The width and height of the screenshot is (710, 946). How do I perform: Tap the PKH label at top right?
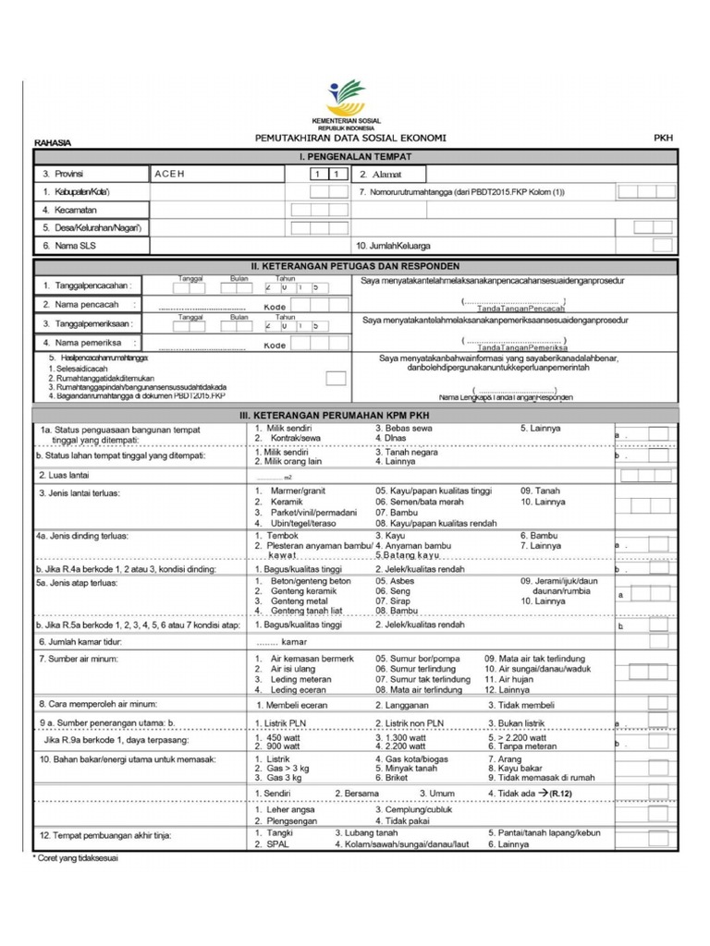pos(663,138)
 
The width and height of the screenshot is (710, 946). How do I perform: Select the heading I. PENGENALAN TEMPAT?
pos(355,157)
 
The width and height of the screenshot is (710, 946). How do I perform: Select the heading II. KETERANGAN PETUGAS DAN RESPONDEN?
pos(355,266)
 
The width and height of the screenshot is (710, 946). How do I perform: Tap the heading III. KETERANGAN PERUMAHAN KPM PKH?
pos(355,416)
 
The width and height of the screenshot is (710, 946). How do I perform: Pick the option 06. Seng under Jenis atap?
pos(392,590)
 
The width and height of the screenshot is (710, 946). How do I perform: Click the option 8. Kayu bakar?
pos(517,768)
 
